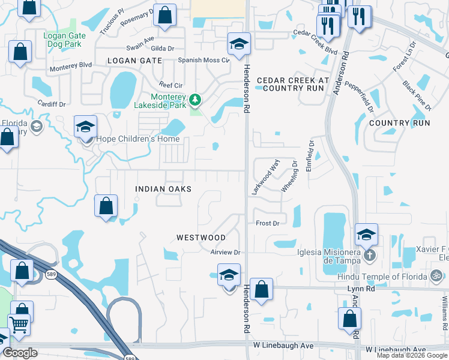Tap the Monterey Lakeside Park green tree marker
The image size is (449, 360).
(x=195, y=99)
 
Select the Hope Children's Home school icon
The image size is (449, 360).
(x=86, y=127)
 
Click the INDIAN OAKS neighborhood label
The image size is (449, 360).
(x=163, y=189)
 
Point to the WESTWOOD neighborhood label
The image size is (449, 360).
(x=201, y=238)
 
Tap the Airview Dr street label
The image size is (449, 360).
(x=225, y=253)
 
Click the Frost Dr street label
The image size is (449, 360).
(x=268, y=223)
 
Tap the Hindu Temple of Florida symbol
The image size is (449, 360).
(x=437, y=276)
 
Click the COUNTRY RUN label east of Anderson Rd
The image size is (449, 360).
(x=400, y=123)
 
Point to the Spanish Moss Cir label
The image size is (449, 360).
(x=204, y=61)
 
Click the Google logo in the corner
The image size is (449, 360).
(x=20, y=353)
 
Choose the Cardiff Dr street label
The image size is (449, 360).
(x=51, y=104)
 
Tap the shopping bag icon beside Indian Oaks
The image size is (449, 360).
(x=106, y=207)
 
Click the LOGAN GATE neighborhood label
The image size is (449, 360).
(x=134, y=61)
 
